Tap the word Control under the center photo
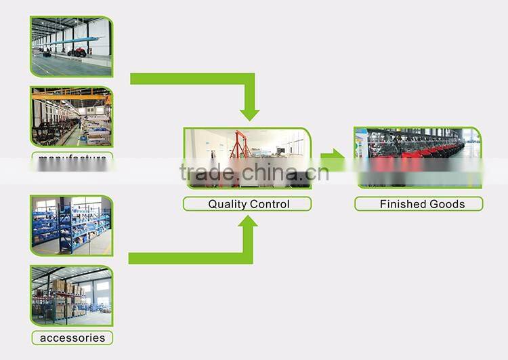270,204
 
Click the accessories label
72,338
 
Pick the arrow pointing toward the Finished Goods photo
333,160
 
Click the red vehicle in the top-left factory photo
77,52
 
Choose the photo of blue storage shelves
71,226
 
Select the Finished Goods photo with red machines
418,157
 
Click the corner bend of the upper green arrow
249,79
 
